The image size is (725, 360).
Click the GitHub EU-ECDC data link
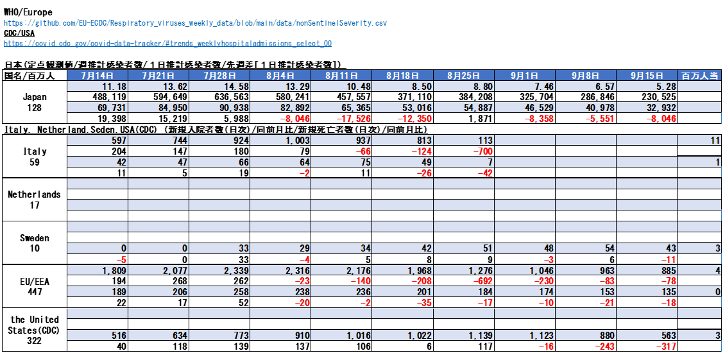(x=195, y=23)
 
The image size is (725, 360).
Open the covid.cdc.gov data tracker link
(x=167, y=44)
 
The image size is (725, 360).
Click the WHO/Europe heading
(x=28, y=12)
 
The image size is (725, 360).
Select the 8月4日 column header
(x=280, y=76)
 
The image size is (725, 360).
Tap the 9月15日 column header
(x=647, y=76)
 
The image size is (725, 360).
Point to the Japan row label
(x=35, y=97)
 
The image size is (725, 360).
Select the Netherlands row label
(x=35, y=194)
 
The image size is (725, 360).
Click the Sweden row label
(x=35, y=237)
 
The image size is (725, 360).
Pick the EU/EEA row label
(x=35, y=281)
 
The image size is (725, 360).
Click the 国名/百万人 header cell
(x=35, y=76)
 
